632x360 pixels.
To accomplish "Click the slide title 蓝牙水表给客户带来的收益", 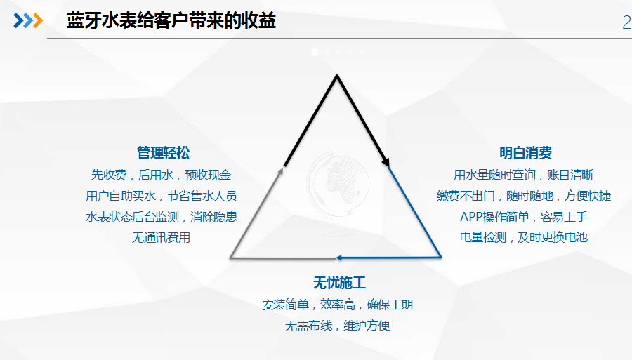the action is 171,20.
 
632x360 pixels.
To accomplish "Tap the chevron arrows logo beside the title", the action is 28,20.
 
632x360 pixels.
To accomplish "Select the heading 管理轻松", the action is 163,153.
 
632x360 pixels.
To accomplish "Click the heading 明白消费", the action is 525,153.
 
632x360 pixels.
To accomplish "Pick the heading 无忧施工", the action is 339,283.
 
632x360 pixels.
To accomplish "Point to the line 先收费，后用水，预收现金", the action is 162,175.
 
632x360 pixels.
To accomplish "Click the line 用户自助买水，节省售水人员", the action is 162,196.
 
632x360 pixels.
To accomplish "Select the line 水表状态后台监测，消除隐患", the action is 162,217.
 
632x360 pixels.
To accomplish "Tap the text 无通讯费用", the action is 162,238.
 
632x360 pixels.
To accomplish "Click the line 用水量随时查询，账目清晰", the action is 524,175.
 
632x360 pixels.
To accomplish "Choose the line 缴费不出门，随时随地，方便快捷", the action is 524,196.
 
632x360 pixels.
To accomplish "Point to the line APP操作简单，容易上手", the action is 524,217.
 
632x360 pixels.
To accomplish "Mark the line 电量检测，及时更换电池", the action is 524,238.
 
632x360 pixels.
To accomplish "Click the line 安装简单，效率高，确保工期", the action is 337,305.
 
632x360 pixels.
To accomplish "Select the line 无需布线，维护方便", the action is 337,326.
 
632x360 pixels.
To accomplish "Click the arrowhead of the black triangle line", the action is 386,161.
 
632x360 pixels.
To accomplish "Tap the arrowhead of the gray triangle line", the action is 280,171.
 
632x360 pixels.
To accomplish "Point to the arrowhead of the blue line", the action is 339,258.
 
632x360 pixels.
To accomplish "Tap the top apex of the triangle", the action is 337,75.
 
